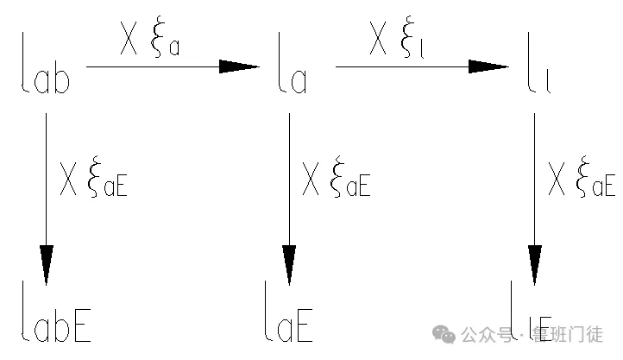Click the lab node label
point(46,63)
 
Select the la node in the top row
point(293,63)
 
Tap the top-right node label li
point(539,63)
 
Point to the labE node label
point(56,311)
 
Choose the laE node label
point(289,311)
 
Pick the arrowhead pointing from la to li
point(488,66)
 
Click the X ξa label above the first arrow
point(150,38)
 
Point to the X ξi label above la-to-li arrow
point(397,38)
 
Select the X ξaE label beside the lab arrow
point(94,178)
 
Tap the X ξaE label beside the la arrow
point(337,178)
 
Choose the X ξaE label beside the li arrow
point(582,178)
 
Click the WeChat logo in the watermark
point(444,334)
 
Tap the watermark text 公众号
point(486,335)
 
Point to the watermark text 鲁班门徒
point(568,335)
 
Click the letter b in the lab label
point(61,76)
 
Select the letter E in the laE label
point(305,325)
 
